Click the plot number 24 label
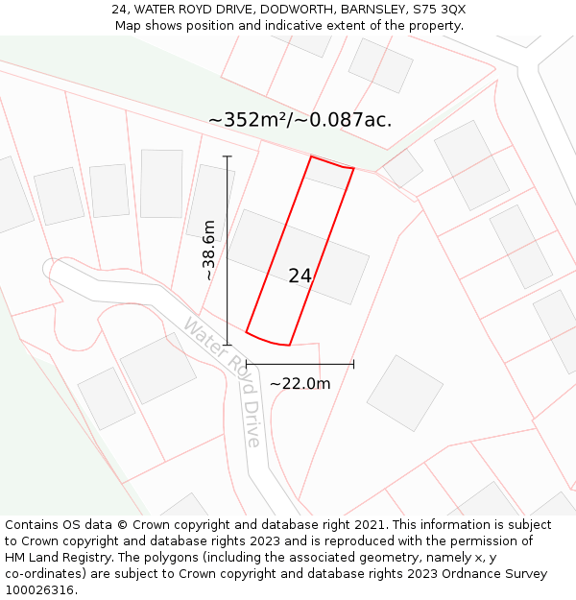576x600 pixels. [x=300, y=276]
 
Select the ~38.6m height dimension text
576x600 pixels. [x=208, y=251]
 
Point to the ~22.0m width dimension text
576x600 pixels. [x=300, y=384]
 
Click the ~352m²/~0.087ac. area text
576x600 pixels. [x=300, y=120]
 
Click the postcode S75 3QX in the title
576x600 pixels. [x=440, y=9]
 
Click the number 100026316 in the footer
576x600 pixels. [x=39, y=590]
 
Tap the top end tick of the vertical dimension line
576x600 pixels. [x=228, y=156]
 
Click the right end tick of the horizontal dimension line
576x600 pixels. [x=354, y=364]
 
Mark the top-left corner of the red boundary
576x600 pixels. [x=310, y=156]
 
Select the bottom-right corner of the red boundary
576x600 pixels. [x=289, y=345]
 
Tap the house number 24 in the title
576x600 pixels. [x=120, y=9]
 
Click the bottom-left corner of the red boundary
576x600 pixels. [x=247, y=332]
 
